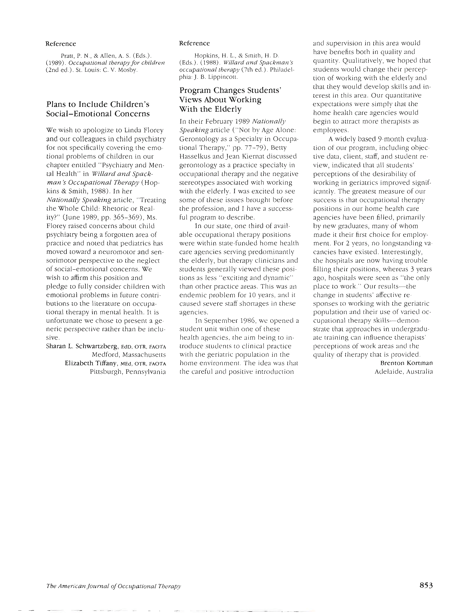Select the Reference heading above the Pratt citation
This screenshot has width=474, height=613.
61,44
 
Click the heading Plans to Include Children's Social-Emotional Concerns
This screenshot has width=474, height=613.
98,109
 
